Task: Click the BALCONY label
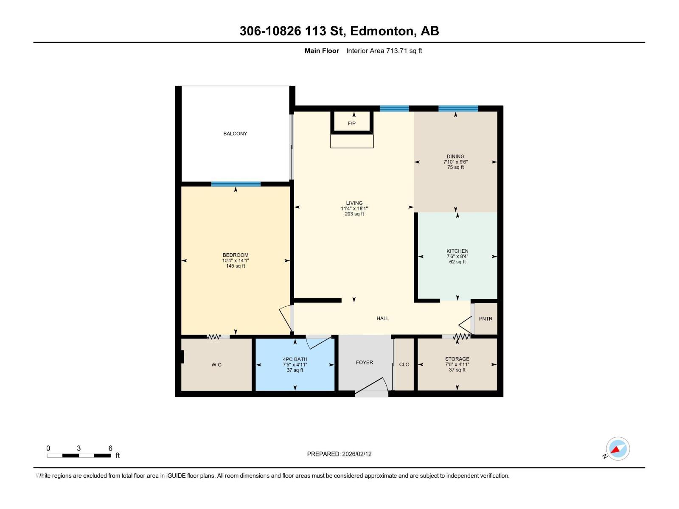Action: pos(235,134)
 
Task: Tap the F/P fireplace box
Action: pos(352,123)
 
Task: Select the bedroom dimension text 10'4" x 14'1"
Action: pos(236,260)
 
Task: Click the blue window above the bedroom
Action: pos(236,184)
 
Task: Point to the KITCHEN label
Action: pos(457,251)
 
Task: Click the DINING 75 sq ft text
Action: pos(455,167)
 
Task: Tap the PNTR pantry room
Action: pos(485,319)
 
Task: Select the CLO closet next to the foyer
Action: pos(404,364)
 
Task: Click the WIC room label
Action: pos(216,365)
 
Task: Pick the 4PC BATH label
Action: pos(295,359)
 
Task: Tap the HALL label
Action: pos(382,319)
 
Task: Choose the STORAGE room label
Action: pos(457,359)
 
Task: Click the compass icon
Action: pos(617,449)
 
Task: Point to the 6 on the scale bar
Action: pos(110,448)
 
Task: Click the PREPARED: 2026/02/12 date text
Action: pos(339,454)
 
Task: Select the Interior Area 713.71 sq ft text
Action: pos(384,51)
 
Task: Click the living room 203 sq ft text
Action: pos(354,214)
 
